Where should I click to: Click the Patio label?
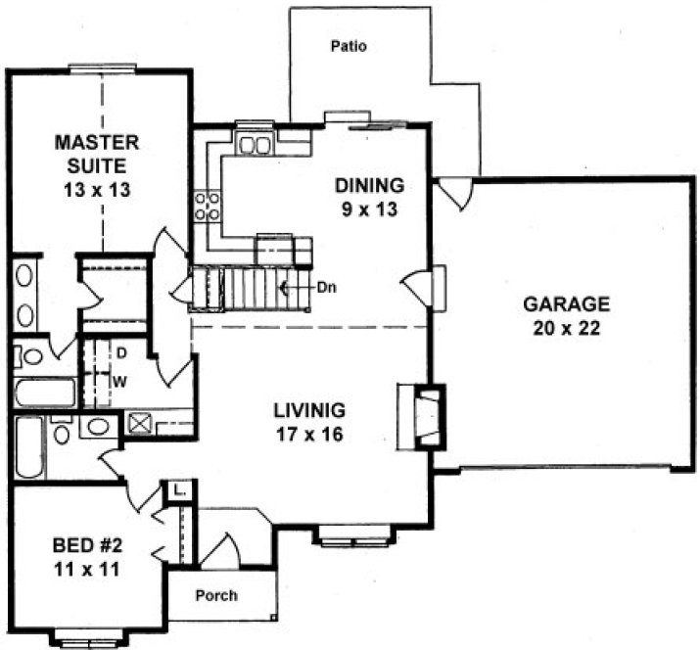[x=349, y=46]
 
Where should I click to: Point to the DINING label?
[x=369, y=185]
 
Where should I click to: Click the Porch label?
[x=215, y=594]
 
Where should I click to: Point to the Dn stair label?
[x=327, y=288]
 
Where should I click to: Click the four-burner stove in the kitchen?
[x=208, y=205]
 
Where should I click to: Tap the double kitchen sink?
[x=256, y=146]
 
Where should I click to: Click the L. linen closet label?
[x=178, y=489]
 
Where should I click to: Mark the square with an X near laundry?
[x=140, y=425]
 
